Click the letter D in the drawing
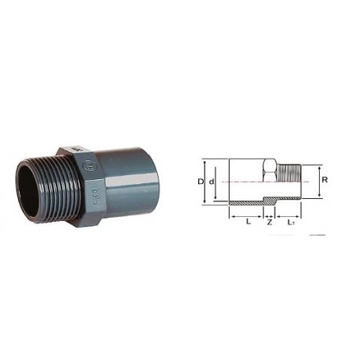[200, 182]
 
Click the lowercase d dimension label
[211, 182]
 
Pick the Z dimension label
[270, 223]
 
